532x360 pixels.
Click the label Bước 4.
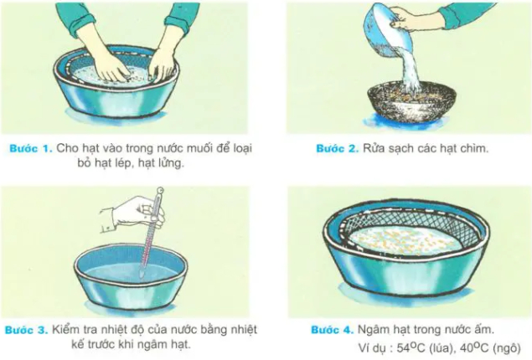coord(330,329)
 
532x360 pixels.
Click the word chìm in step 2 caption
coord(473,147)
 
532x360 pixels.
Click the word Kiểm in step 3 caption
coord(71,329)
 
